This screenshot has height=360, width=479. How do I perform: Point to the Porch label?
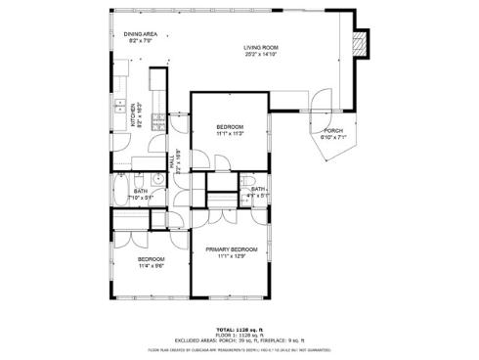click(332, 130)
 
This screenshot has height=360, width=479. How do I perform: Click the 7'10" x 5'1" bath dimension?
click(141, 198)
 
